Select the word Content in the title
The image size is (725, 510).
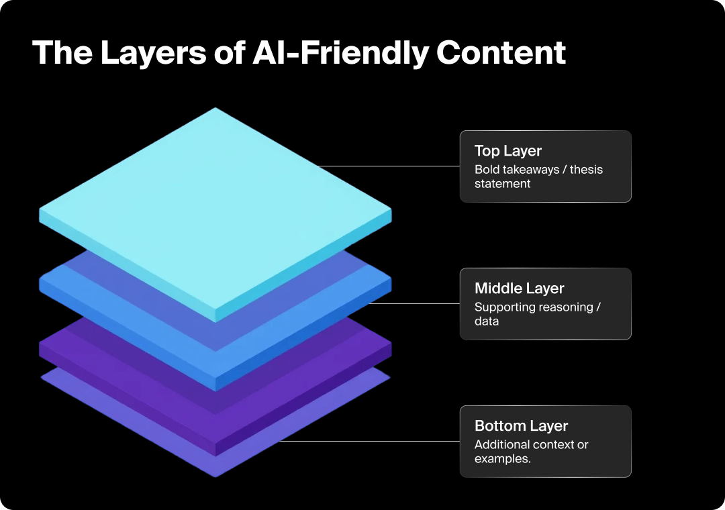point(501,52)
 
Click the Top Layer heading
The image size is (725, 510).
point(507,151)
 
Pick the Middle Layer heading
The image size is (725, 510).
point(519,289)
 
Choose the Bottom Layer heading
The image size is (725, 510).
point(521,426)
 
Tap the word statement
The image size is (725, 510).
point(502,184)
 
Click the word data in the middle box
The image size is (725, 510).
point(487,321)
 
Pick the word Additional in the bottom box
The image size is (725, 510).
point(501,445)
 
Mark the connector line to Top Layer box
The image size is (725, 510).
point(389,166)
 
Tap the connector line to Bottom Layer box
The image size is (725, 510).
point(369,441)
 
